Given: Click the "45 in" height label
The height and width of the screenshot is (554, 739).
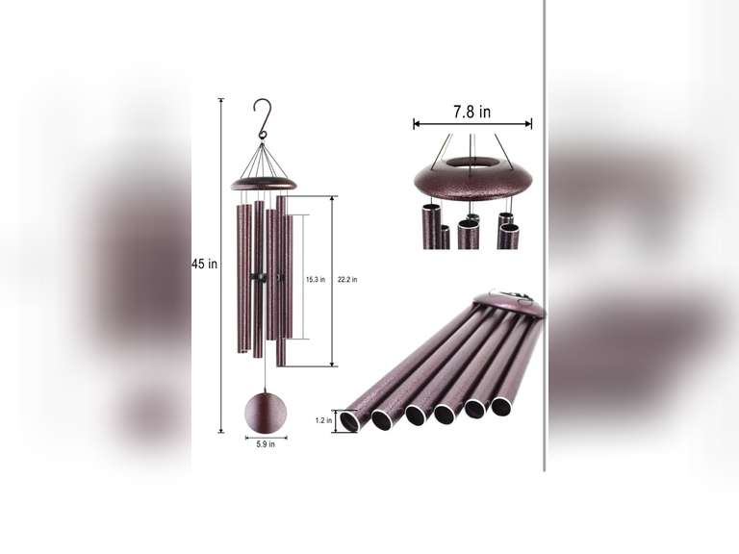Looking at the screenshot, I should pos(205,264).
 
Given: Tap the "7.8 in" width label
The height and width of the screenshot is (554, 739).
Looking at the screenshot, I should pos(471,112).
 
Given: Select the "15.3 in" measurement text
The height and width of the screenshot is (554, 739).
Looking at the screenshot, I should pos(316,280).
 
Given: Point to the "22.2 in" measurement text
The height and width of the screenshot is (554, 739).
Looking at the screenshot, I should pos(347,280).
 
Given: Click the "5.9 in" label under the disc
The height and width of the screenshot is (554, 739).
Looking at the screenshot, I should pos(266,444).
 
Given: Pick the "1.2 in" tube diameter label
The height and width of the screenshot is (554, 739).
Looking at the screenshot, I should pos(323,420).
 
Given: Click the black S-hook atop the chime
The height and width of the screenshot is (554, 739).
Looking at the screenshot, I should pos(263,118).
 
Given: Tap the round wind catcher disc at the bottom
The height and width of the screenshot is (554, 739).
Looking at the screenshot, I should pos(265,412).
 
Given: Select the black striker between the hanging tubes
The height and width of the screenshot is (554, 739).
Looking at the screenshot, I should pos(257,277).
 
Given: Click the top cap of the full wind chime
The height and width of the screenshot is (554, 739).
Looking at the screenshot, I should pos(264,183).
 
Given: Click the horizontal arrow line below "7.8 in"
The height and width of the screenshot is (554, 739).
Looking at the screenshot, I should pos(472,124).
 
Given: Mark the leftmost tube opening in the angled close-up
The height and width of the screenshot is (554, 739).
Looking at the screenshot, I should pos(349,421).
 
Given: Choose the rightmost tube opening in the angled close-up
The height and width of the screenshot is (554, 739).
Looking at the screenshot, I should pos(501,406).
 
